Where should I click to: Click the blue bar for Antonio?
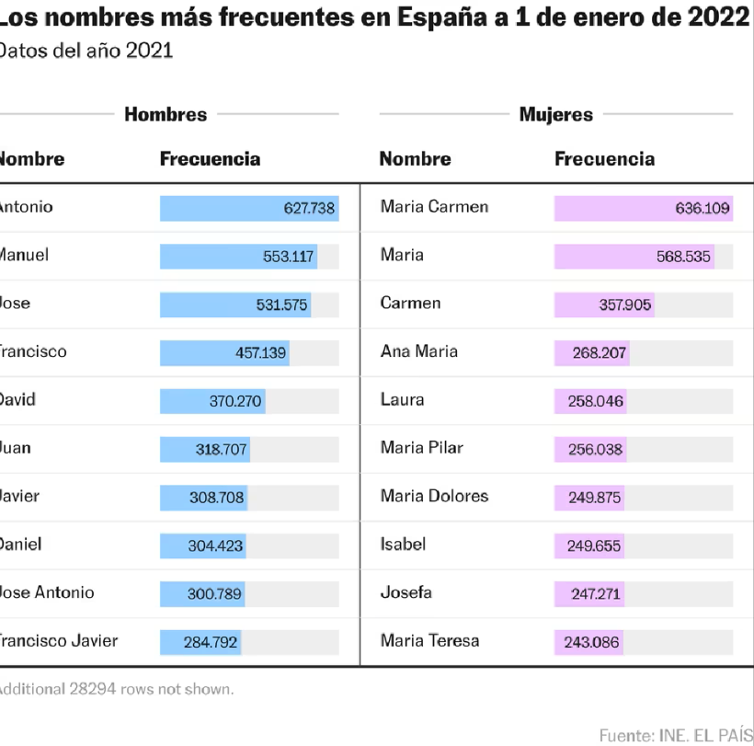coord(249,208)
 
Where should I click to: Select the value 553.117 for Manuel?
coord(289,257)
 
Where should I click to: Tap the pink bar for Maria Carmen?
coord(643,208)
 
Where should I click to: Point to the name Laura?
coord(402,399)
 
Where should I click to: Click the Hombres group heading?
coord(166,114)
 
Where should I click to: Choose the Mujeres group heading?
coord(555,114)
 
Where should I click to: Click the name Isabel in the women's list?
coord(403,544)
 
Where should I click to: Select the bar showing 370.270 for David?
coord(212,401)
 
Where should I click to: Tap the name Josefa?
coord(406,592)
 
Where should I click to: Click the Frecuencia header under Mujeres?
coord(604,158)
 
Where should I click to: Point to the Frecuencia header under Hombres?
coord(210,158)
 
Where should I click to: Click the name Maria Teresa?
coord(429,640)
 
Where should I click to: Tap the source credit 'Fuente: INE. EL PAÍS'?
coord(676,735)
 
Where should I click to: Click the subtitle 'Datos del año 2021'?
coord(86,51)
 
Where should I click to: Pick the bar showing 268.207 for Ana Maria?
coord(591,352)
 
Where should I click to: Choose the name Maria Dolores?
coord(434,496)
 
